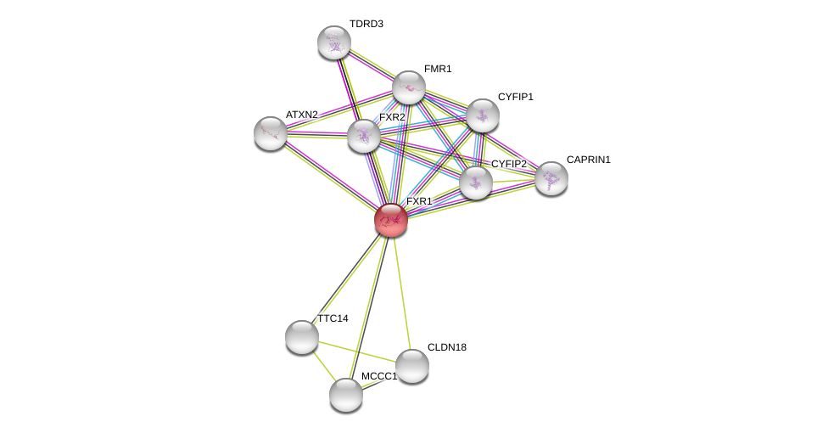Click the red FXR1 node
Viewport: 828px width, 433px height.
click(x=391, y=220)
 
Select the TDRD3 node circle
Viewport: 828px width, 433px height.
click(x=334, y=42)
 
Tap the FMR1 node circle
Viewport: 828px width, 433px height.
click(x=409, y=87)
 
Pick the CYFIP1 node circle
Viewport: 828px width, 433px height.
click(x=483, y=115)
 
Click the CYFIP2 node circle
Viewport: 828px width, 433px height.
click(x=476, y=183)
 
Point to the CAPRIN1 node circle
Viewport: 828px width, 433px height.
click(x=551, y=178)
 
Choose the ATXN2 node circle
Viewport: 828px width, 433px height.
click(x=271, y=133)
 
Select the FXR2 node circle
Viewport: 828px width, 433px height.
click(x=364, y=136)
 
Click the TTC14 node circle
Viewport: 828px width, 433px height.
click(x=302, y=337)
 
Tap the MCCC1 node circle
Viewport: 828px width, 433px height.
click(x=346, y=395)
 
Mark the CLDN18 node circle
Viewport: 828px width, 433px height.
click(x=412, y=366)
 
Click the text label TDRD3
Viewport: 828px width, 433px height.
click(x=366, y=24)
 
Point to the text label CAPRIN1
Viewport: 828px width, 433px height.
click(x=588, y=160)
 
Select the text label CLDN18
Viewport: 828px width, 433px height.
click(x=446, y=347)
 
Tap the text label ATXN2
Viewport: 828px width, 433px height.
click(x=301, y=115)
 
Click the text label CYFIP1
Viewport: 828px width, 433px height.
click(x=515, y=97)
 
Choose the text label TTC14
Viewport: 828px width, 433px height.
click(x=333, y=318)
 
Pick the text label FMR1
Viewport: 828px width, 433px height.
click(x=438, y=69)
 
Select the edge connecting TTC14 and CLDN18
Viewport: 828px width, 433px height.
click(x=356, y=351)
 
